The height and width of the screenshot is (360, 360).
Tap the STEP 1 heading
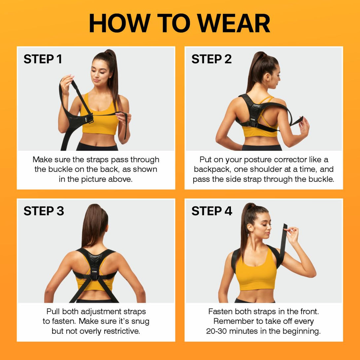[x=43, y=59]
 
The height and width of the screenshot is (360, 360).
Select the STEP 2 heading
[x=211, y=59]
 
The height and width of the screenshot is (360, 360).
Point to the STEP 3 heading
[x=44, y=211]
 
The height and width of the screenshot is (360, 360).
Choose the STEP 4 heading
[x=212, y=211]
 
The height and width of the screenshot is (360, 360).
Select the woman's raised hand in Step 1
[x=67, y=81]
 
